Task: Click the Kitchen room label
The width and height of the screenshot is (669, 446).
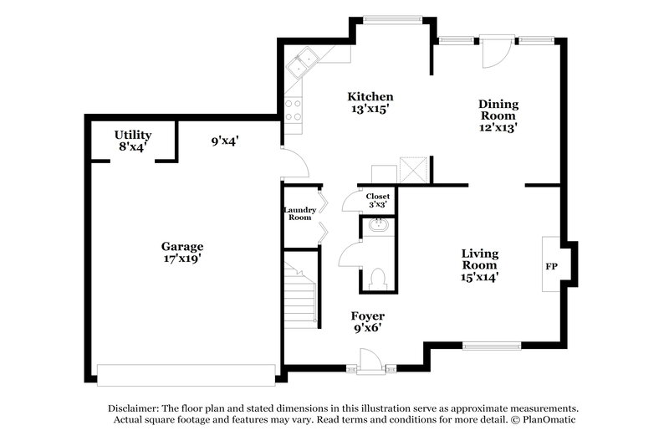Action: pos(370,97)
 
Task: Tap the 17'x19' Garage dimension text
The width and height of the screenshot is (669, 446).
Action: pos(182,259)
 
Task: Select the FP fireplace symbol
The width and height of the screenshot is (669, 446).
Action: pos(552,265)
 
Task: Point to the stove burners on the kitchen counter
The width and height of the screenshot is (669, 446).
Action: pos(294,111)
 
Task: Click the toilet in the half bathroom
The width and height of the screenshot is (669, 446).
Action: pos(377,276)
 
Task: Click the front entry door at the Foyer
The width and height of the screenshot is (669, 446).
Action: pos(369,361)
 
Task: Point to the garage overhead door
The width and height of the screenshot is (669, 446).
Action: pos(186,374)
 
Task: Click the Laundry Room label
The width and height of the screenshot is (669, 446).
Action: pos(299,214)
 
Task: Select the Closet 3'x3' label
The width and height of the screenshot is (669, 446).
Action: pos(377,200)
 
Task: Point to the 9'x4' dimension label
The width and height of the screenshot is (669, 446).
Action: pos(225,141)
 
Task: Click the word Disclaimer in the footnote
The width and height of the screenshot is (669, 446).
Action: pos(136,407)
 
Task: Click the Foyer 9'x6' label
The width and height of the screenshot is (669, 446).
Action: pos(367,322)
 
